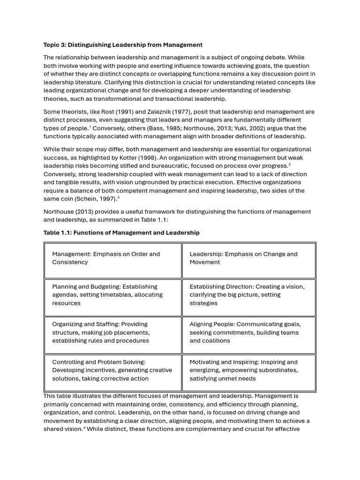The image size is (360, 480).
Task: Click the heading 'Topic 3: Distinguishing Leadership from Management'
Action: (x=123, y=45)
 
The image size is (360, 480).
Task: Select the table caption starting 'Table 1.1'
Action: (x=121, y=232)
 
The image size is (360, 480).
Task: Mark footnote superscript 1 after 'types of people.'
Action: (x=90, y=127)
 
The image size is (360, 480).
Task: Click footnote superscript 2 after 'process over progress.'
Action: (x=290, y=165)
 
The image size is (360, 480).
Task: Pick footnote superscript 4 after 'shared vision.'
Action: (x=84, y=427)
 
